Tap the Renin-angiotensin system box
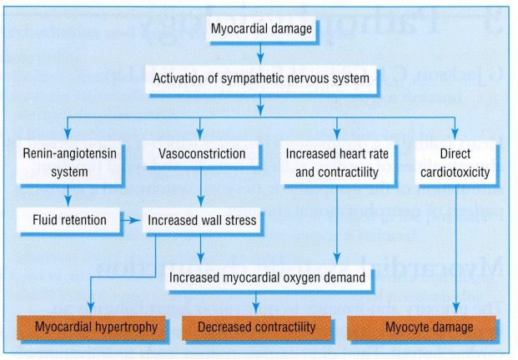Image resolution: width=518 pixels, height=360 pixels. [69, 163]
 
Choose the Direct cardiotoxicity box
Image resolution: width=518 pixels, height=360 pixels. [455, 163]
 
